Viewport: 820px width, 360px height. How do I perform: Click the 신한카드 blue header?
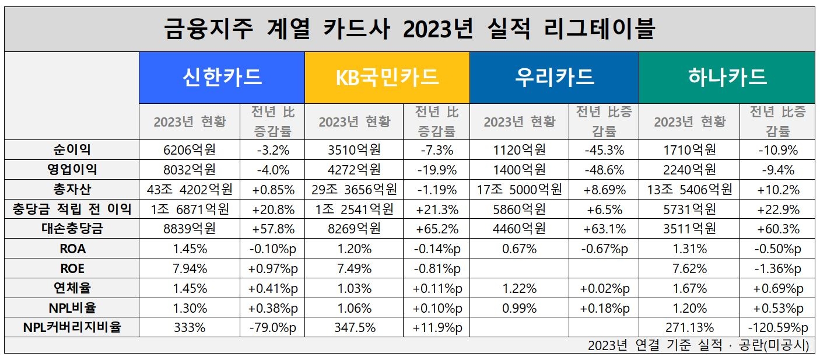point(222,78)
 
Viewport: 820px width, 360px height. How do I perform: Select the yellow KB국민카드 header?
point(387,78)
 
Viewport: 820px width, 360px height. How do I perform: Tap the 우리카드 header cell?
point(554,78)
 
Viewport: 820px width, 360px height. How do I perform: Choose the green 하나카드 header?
point(727,78)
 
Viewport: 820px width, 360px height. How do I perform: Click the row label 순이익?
point(72,150)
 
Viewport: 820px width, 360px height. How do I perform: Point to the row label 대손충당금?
point(72,229)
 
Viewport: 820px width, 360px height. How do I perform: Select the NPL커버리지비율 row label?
point(72,327)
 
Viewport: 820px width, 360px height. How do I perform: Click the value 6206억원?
point(190,150)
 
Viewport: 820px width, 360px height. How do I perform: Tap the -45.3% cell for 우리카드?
point(604,150)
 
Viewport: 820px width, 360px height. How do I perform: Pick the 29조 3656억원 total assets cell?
point(354,189)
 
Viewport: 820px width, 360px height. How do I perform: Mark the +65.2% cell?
point(436,229)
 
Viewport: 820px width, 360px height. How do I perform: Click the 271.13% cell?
point(689,327)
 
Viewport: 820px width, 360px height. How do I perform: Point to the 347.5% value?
point(354,327)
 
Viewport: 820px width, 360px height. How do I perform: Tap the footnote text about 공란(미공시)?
point(698,345)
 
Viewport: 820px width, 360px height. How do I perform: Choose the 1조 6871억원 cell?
point(190,209)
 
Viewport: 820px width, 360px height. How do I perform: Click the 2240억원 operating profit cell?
point(689,169)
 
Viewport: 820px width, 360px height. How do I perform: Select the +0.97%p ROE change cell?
point(272,268)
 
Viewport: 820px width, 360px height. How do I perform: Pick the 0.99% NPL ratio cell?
point(519,307)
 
